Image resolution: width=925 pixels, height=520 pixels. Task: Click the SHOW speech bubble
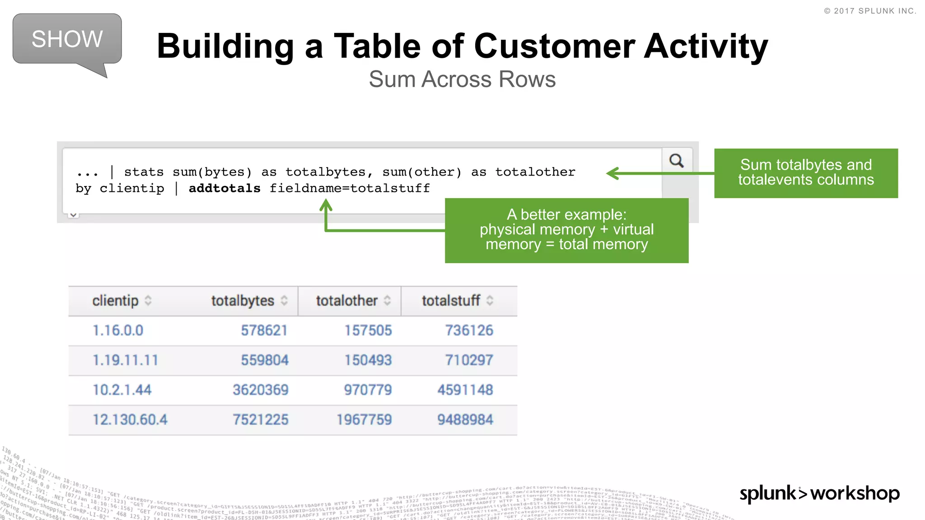(x=67, y=39)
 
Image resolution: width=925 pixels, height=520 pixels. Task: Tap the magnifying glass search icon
(x=676, y=161)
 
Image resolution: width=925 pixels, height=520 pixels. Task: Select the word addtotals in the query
(x=224, y=188)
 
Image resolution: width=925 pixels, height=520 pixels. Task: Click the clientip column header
(x=116, y=301)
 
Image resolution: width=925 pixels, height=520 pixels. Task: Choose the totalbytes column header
(x=243, y=301)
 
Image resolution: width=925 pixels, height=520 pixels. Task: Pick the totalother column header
(x=347, y=301)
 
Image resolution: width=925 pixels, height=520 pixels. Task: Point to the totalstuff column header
(x=451, y=301)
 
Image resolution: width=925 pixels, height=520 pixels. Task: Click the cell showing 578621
(x=264, y=330)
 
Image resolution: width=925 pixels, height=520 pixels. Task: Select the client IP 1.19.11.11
(x=126, y=360)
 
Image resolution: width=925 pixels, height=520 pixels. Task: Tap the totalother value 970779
(x=368, y=390)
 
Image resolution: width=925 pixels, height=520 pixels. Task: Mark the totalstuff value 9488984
(x=465, y=420)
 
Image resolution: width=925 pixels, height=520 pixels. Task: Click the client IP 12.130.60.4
(x=130, y=420)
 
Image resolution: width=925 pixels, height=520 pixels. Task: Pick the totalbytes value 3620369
(x=261, y=390)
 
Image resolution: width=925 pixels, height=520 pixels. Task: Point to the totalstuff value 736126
(x=469, y=330)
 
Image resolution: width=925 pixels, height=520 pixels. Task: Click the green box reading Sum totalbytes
(x=806, y=173)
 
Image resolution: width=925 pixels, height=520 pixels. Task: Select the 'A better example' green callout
(x=566, y=230)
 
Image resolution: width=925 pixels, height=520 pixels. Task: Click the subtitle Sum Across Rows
(x=462, y=79)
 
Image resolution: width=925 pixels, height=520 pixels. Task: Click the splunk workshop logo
(x=819, y=493)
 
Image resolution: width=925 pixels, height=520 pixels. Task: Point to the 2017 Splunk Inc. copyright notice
(x=870, y=11)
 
